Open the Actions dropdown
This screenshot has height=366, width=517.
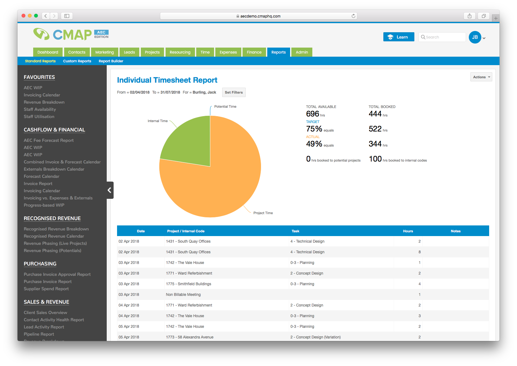481,77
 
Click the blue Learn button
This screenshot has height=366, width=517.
398,37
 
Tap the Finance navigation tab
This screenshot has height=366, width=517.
254,52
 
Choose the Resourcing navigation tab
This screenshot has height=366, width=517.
180,52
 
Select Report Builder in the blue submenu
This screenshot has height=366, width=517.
111,61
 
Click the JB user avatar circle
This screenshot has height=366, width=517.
475,37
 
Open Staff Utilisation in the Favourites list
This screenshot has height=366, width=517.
39,116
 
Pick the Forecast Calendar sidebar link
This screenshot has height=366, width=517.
41,176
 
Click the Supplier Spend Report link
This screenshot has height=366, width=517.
46,289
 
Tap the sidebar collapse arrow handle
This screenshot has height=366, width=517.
110,190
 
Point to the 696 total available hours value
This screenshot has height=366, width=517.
312,114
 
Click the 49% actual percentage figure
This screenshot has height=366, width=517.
314,144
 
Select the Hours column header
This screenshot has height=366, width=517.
408,231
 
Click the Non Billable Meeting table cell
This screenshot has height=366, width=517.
183,295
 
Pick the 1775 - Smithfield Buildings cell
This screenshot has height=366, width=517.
188,284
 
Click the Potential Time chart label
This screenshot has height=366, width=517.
225,106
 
